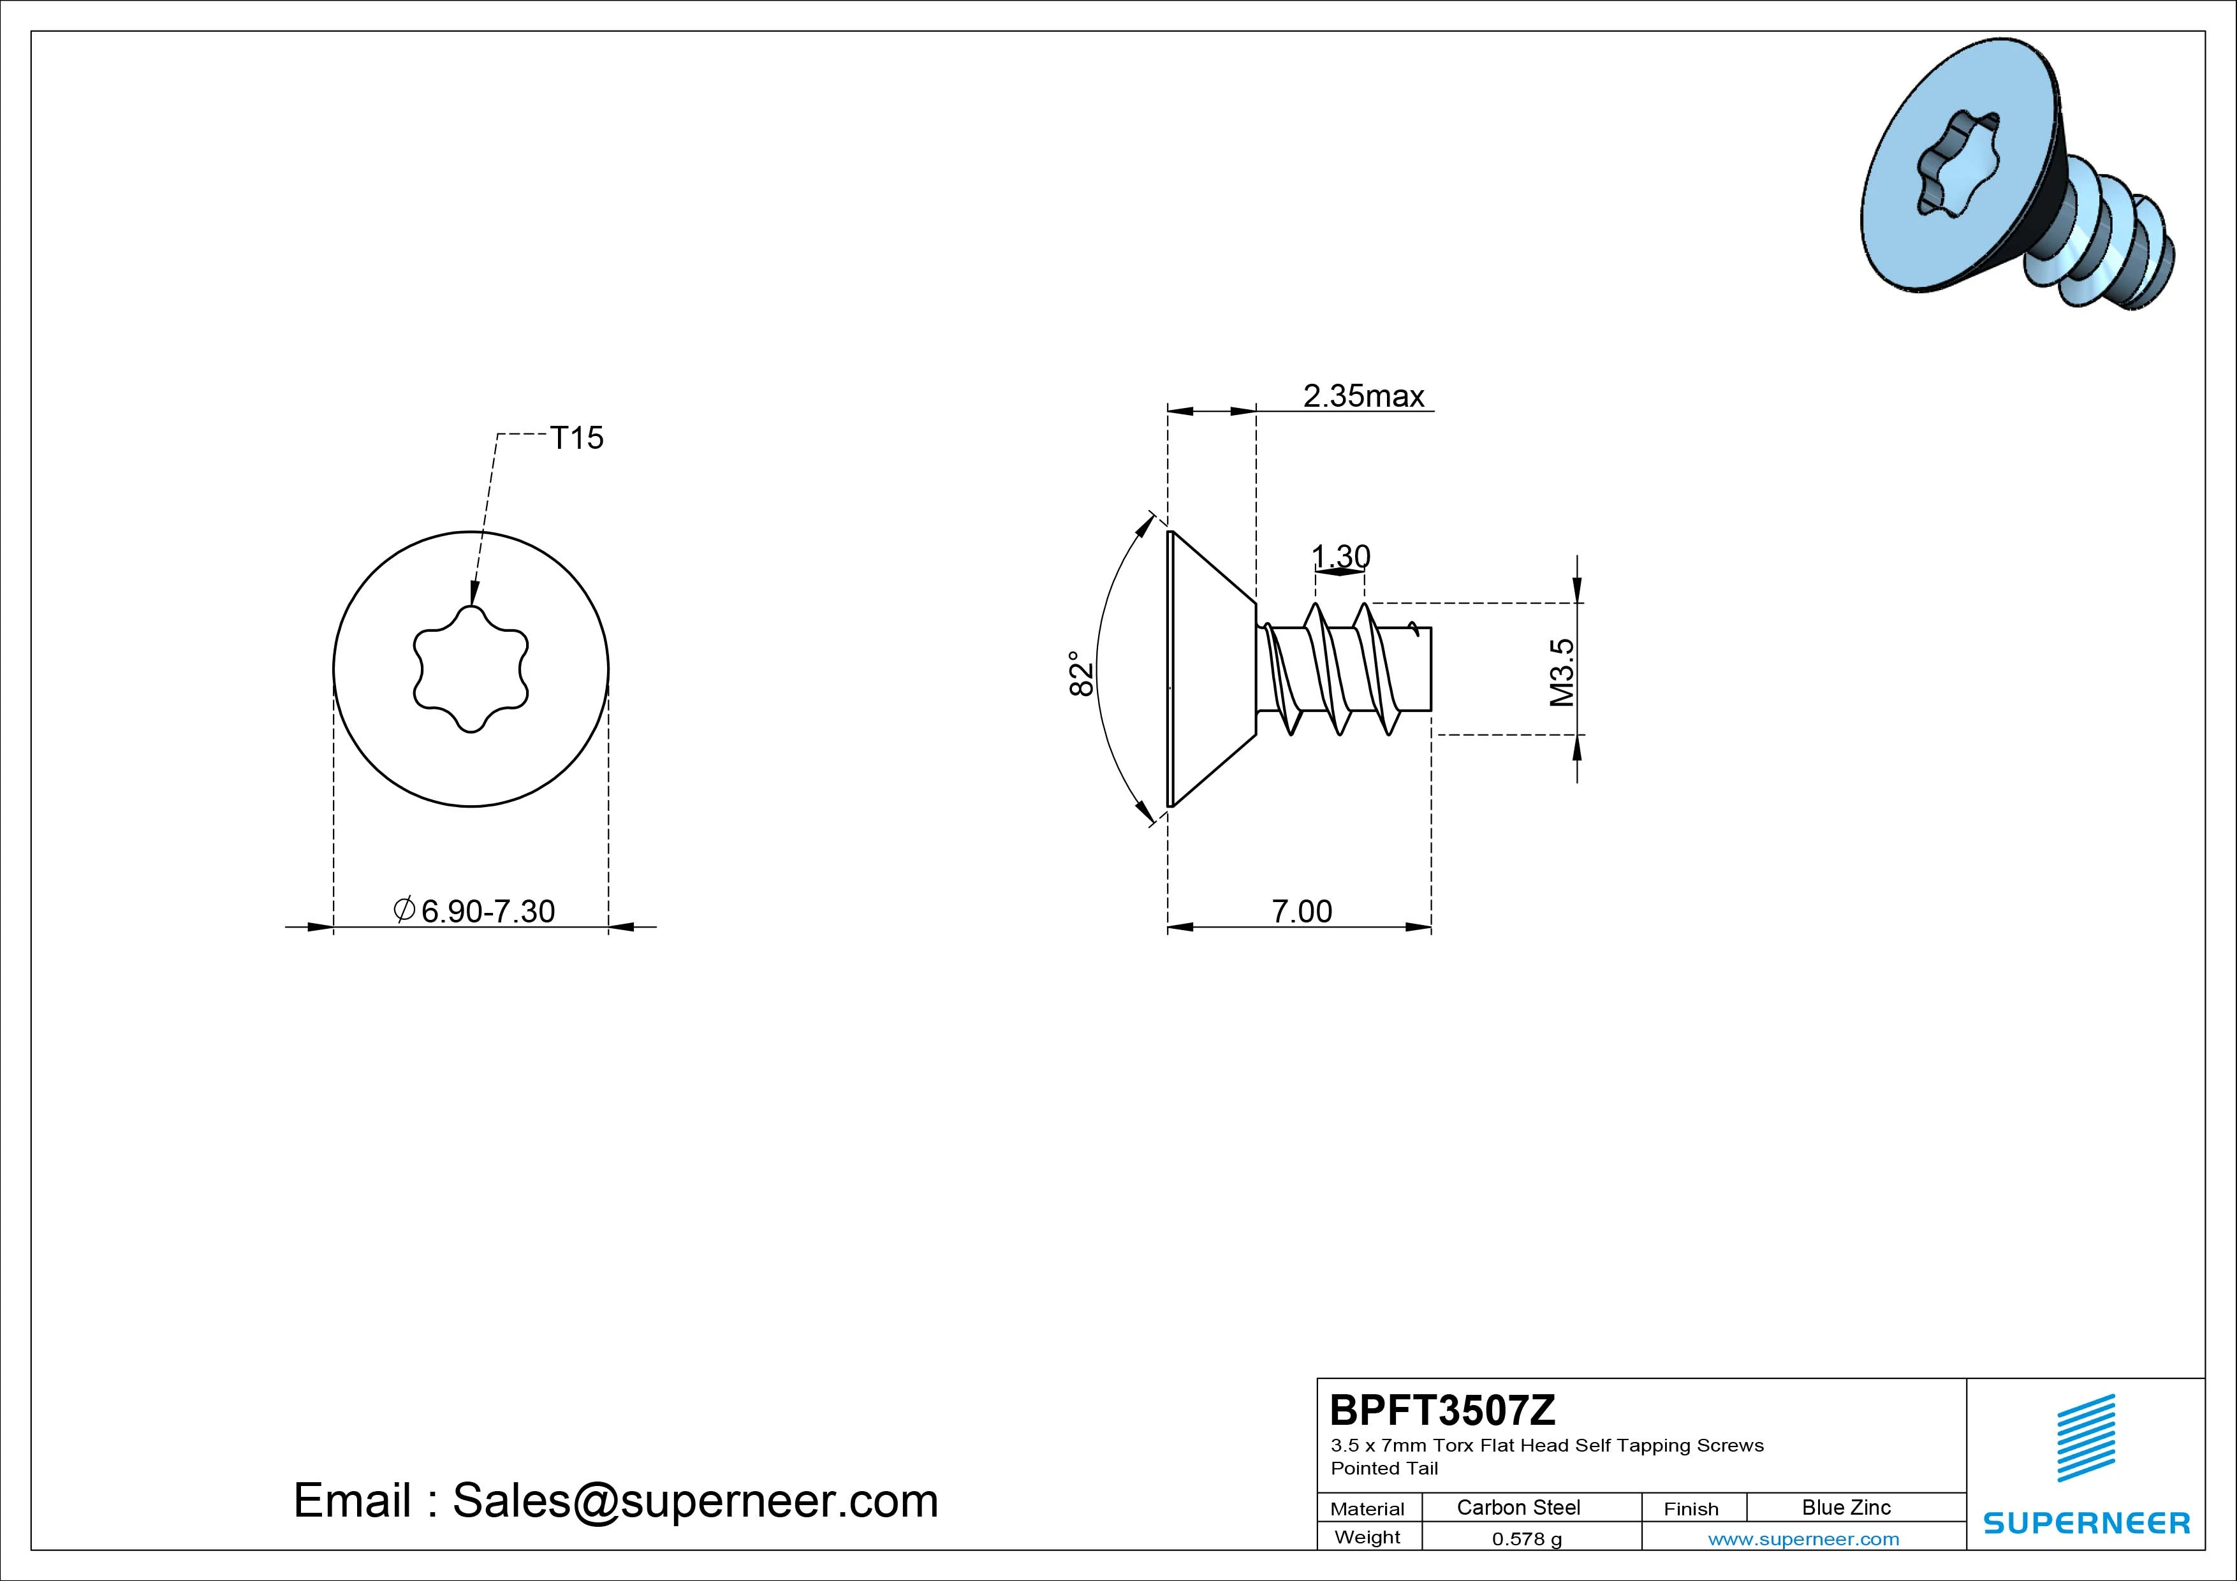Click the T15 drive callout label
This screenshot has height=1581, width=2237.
(577, 439)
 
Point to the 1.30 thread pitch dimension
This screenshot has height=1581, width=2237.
(1340, 557)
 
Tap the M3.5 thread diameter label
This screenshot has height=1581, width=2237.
(1562, 672)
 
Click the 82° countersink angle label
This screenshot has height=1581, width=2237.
(1080, 673)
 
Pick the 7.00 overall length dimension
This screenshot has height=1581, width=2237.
(1302, 912)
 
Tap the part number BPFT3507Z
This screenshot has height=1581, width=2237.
(1443, 1410)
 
